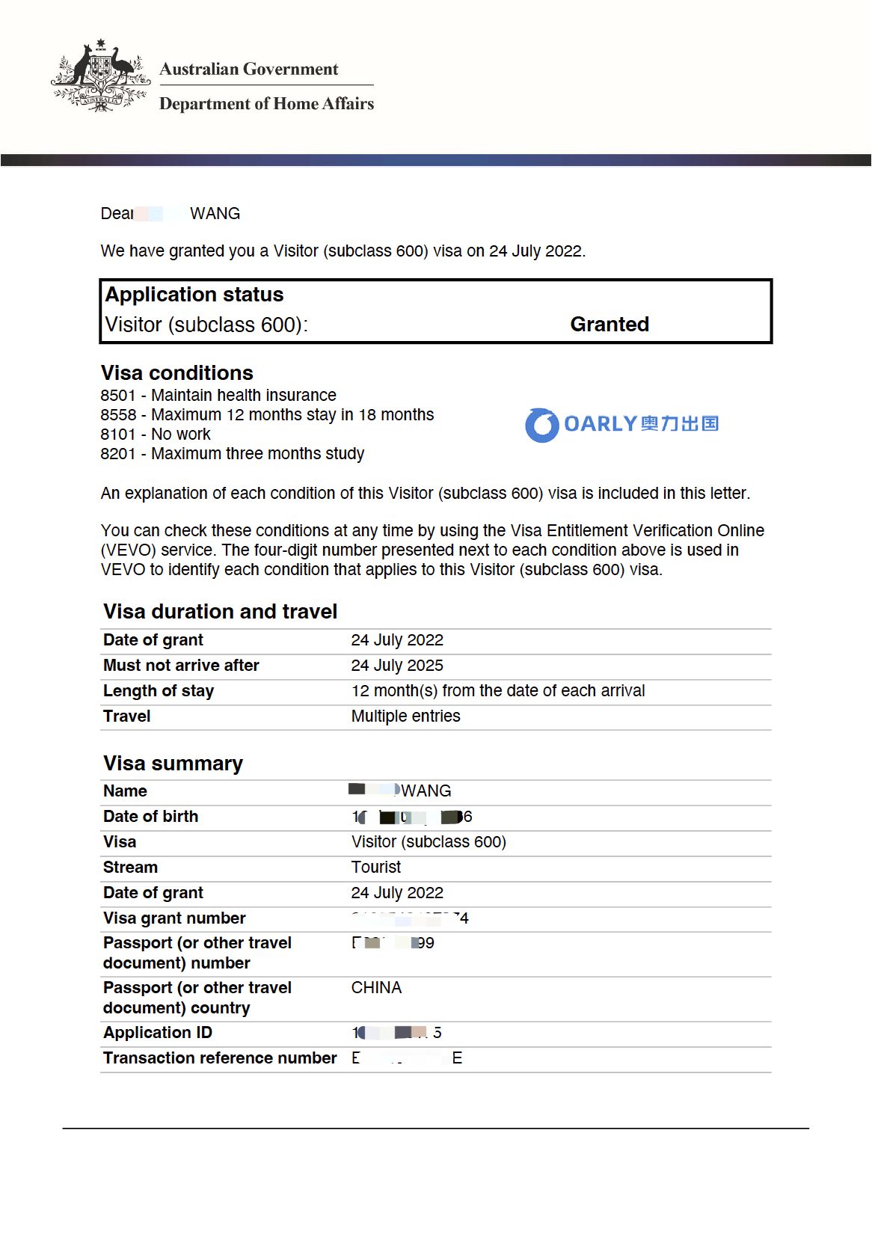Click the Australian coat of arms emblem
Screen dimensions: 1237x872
point(100,76)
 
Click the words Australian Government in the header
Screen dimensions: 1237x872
point(249,69)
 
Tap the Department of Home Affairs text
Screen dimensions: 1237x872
point(266,103)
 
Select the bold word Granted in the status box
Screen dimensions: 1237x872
point(610,324)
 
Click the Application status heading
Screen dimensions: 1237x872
point(194,295)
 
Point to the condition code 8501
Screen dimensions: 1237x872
point(118,395)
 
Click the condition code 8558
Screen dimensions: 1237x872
point(118,414)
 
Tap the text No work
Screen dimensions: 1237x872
point(181,434)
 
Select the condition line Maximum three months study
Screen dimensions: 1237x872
point(257,453)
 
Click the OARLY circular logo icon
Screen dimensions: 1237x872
point(542,425)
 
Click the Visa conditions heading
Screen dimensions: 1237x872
point(177,372)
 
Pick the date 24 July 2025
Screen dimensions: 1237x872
point(397,665)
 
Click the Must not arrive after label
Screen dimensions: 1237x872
point(181,665)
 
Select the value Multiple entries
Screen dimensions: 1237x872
point(406,716)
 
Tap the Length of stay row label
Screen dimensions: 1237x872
point(159,690)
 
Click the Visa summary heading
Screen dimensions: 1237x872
point(173,763)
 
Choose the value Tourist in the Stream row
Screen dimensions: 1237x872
point(376,867)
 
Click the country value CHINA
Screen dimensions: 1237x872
point(376,987)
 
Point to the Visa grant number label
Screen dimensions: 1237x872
point(174,918)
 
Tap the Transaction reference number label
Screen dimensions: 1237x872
point(220,1058)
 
